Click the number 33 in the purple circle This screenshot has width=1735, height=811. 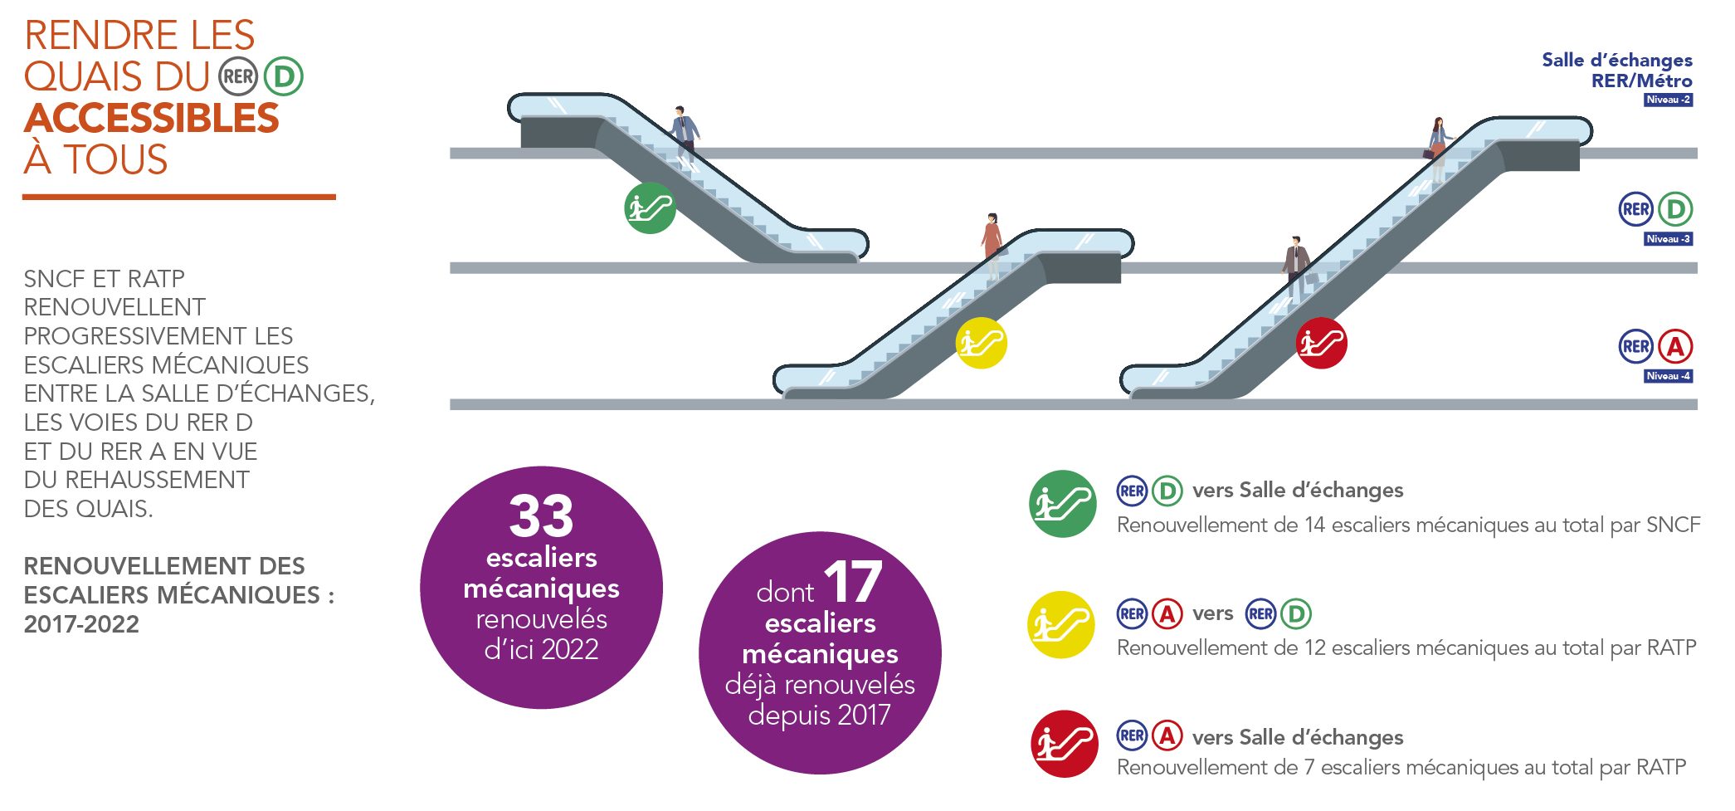click(x=541, y=516)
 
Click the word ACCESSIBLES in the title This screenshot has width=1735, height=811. click(x=152, y=119)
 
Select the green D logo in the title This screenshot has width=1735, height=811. click(x=284, y=77)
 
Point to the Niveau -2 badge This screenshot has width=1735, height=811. click(x=1668, y=100)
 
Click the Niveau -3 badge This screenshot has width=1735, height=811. click(x=1668, y=239)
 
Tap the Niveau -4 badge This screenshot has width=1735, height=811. click(x=1668, y=376)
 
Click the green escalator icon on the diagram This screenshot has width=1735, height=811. click(x=650, y=208)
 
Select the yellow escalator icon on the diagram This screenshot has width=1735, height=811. click(x=981, y=343)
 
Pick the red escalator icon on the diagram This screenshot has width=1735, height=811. click(x=1321, y=343)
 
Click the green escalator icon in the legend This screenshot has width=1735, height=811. click(x=1062, y=504)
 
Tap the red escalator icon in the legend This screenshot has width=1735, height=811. click(x=1064, y=744)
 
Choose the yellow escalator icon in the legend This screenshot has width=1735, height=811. click(x=1061, y=625)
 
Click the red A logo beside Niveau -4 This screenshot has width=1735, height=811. click(x=1675, y=347)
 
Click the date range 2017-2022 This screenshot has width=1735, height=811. click(x=81, y=624)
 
